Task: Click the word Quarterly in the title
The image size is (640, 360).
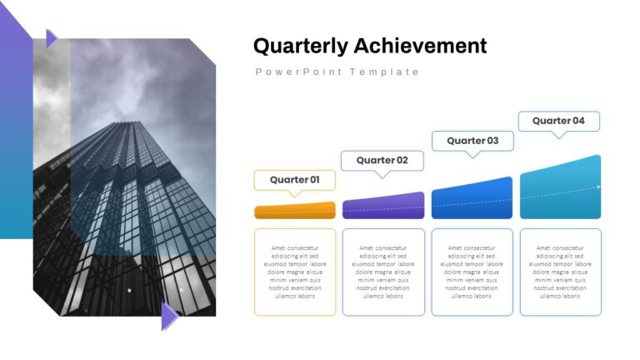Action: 300,46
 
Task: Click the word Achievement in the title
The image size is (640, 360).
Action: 420,45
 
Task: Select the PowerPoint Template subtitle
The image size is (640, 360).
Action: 337,72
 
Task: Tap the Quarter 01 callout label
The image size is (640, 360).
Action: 295,180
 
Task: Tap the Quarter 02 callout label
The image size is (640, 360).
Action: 382,160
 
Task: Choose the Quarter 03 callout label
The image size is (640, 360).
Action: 472,141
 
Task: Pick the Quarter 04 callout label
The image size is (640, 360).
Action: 558,121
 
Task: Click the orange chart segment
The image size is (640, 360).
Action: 295,211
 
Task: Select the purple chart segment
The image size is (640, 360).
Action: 383,206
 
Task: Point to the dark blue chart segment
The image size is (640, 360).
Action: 472,199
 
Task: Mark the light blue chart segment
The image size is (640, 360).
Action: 560,187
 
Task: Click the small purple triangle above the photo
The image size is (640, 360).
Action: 51,39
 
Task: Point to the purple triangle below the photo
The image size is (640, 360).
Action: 169,317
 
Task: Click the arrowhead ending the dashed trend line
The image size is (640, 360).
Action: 599,187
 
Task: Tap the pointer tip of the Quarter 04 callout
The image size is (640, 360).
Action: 558,138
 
